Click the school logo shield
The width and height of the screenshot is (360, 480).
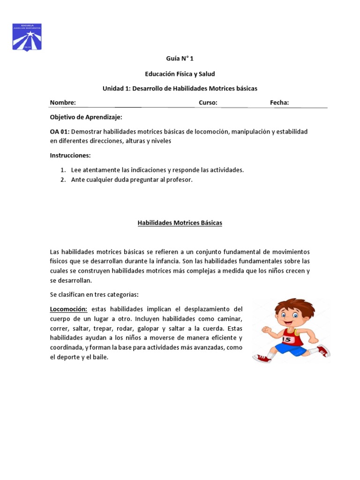pos(27,37)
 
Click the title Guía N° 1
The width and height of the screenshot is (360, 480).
pos(180,59)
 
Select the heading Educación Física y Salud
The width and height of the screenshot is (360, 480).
pos(180,74)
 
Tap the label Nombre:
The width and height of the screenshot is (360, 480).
pos(63,103)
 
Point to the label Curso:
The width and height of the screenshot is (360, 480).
pos(208,103)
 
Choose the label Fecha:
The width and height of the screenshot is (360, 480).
pos(279,103)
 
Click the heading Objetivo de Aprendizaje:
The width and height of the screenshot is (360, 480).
pos(86,117)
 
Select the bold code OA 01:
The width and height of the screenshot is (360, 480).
pos(60,132)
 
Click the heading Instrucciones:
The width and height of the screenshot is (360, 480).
pos(70,155)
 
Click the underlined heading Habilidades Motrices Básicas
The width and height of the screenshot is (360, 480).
pos(180,223)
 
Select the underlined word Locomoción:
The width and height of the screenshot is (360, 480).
pos(69,309)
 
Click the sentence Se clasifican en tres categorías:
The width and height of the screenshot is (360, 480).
pos(94,294)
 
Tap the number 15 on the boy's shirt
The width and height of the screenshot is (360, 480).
pos(287,339)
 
